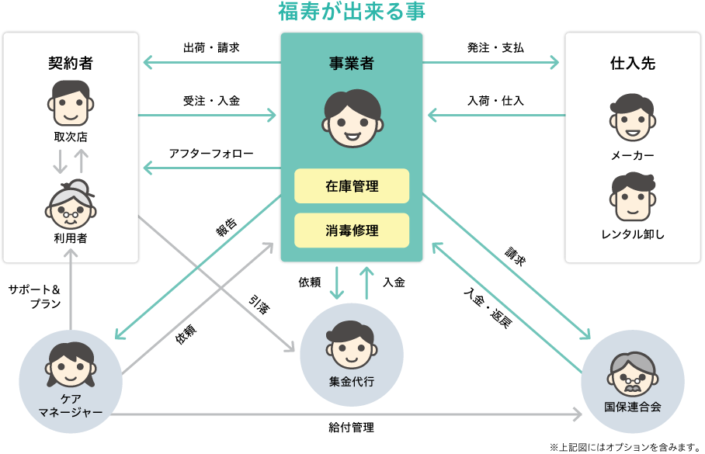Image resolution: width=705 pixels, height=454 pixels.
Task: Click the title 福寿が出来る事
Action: (352, 12)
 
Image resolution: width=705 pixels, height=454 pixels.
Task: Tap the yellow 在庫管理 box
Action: (352, 186)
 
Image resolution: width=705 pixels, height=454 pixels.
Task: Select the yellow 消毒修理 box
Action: (352, 230)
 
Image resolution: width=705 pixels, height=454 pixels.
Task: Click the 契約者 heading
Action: (71, 64)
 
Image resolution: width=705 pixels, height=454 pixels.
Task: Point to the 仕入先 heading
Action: (633, 64)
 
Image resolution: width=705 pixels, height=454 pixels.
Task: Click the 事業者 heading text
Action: (352, 64)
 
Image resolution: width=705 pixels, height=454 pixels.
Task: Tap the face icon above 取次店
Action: (71, 103)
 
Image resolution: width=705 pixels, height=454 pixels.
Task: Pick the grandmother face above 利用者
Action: (71, 203)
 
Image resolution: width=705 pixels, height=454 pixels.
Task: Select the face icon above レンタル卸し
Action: (632, 198)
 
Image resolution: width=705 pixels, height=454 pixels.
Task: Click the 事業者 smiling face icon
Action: (352, 119)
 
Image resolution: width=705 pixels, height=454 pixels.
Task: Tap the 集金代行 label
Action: (352, 381)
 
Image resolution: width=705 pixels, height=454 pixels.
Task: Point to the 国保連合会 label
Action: (633, 407)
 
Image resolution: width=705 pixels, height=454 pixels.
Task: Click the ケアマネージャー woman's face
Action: (71, 366)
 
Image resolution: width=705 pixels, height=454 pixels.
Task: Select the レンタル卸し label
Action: (633, 234)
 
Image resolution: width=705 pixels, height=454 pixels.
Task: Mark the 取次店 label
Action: (71, 137)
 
